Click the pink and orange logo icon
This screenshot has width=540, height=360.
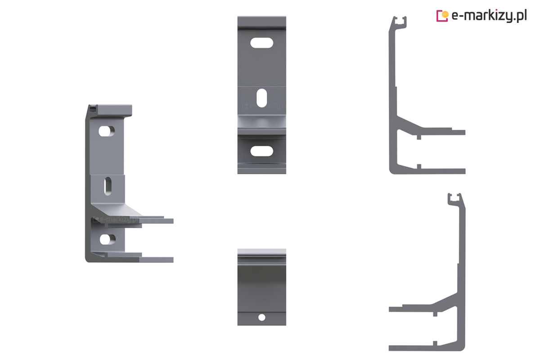tap(442, 16)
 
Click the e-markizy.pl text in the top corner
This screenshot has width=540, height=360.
tap(489, 16)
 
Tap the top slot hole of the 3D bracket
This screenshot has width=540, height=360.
tap(107, 131)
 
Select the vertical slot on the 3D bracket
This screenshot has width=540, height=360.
tap(108, 186)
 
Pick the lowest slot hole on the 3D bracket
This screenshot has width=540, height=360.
tap(108, 239)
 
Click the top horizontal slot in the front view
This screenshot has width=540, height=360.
tap(261, 43)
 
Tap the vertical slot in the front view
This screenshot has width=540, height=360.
tap(261, 98)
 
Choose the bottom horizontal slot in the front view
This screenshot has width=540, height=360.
tap(261, 151)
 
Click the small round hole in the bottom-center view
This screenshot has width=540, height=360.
tap(262, 317)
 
